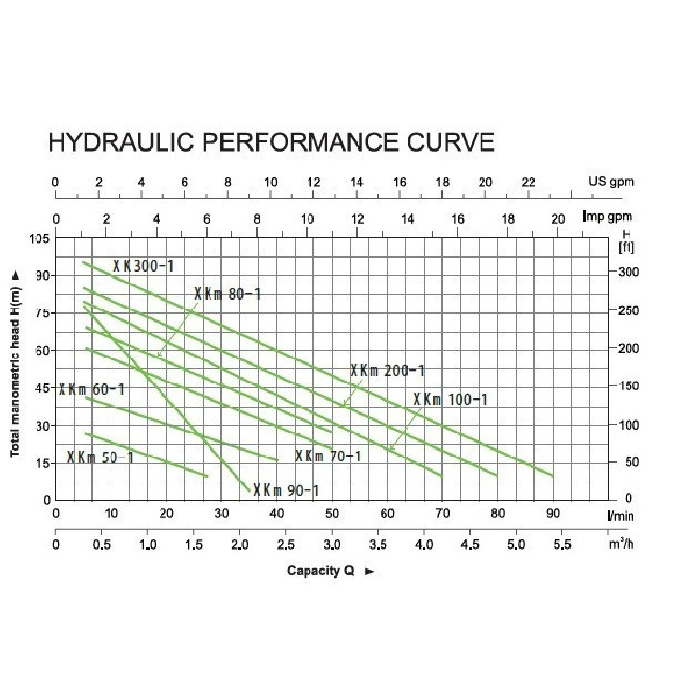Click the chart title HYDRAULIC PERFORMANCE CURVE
(272, 143)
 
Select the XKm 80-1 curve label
(228, 294)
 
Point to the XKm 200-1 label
(386, 370)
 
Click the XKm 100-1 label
(452, 399)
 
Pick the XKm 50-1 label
(100, 457)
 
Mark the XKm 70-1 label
(328, 456)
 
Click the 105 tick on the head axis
(37, 238)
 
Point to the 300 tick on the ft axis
(627, 272)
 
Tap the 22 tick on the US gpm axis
(528, 182)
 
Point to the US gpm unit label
(611, 182)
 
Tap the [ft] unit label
(628, 247)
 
